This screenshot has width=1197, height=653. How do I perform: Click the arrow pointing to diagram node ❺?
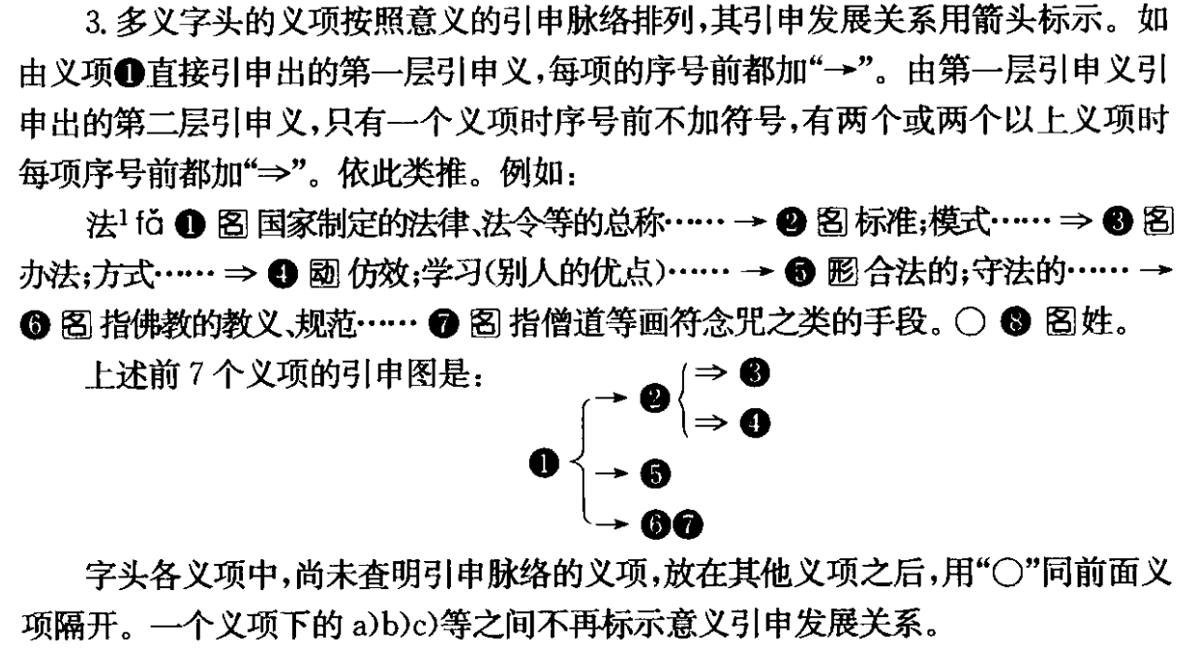pyautogui.click(x=611, y=474)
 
